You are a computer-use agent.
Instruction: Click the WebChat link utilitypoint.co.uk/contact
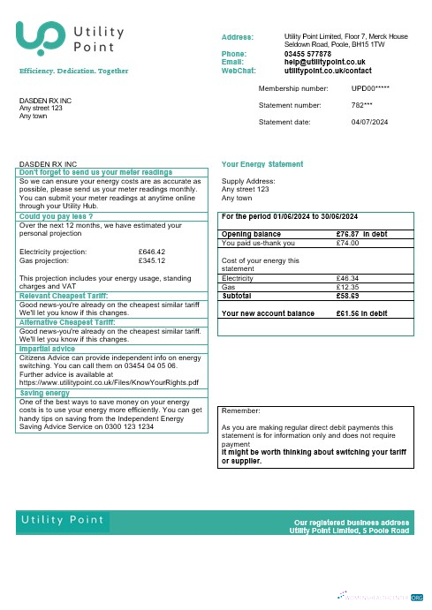tap(328, 70)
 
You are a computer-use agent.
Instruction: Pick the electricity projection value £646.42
tap(152, 252)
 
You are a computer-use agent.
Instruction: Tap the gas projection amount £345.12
tap(152, 260)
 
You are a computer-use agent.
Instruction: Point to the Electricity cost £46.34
tap(350, 278)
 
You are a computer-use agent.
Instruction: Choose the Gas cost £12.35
tap(350, 287)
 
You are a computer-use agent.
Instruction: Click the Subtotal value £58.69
tap(350, 296)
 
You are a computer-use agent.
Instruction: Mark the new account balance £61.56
tap(350, 313)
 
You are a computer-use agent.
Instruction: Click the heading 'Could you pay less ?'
tap(56, 216)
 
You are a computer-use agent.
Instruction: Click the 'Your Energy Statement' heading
tap(262, 164)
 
